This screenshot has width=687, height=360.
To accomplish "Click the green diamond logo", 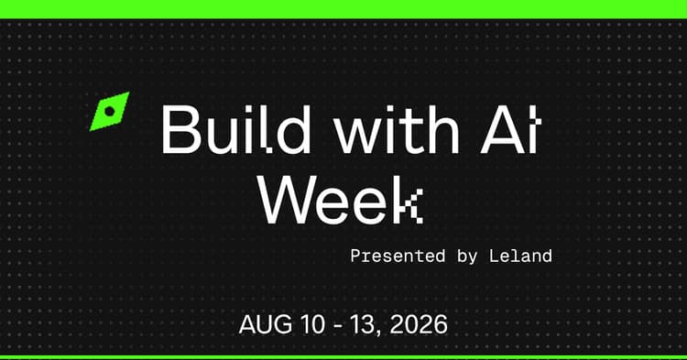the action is (x=110, y=111).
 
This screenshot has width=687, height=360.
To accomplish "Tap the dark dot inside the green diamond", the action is (x=110, y=111).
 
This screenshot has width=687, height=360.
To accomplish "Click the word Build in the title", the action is (x=236, y=129).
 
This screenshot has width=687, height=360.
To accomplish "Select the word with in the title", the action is (x=397, y=129).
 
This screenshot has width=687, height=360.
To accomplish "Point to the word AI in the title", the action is (x=511, y=130).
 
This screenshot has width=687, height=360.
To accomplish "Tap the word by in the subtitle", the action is (x=467, y=257).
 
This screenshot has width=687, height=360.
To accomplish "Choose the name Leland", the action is (x=520, y=256).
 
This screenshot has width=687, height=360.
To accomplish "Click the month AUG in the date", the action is (x=265, y=324).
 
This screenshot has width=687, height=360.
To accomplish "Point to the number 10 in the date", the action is (x=313, y=324).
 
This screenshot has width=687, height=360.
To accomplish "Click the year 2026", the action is (x=419, y=324).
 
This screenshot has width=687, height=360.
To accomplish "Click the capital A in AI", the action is (x=502, y=130).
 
